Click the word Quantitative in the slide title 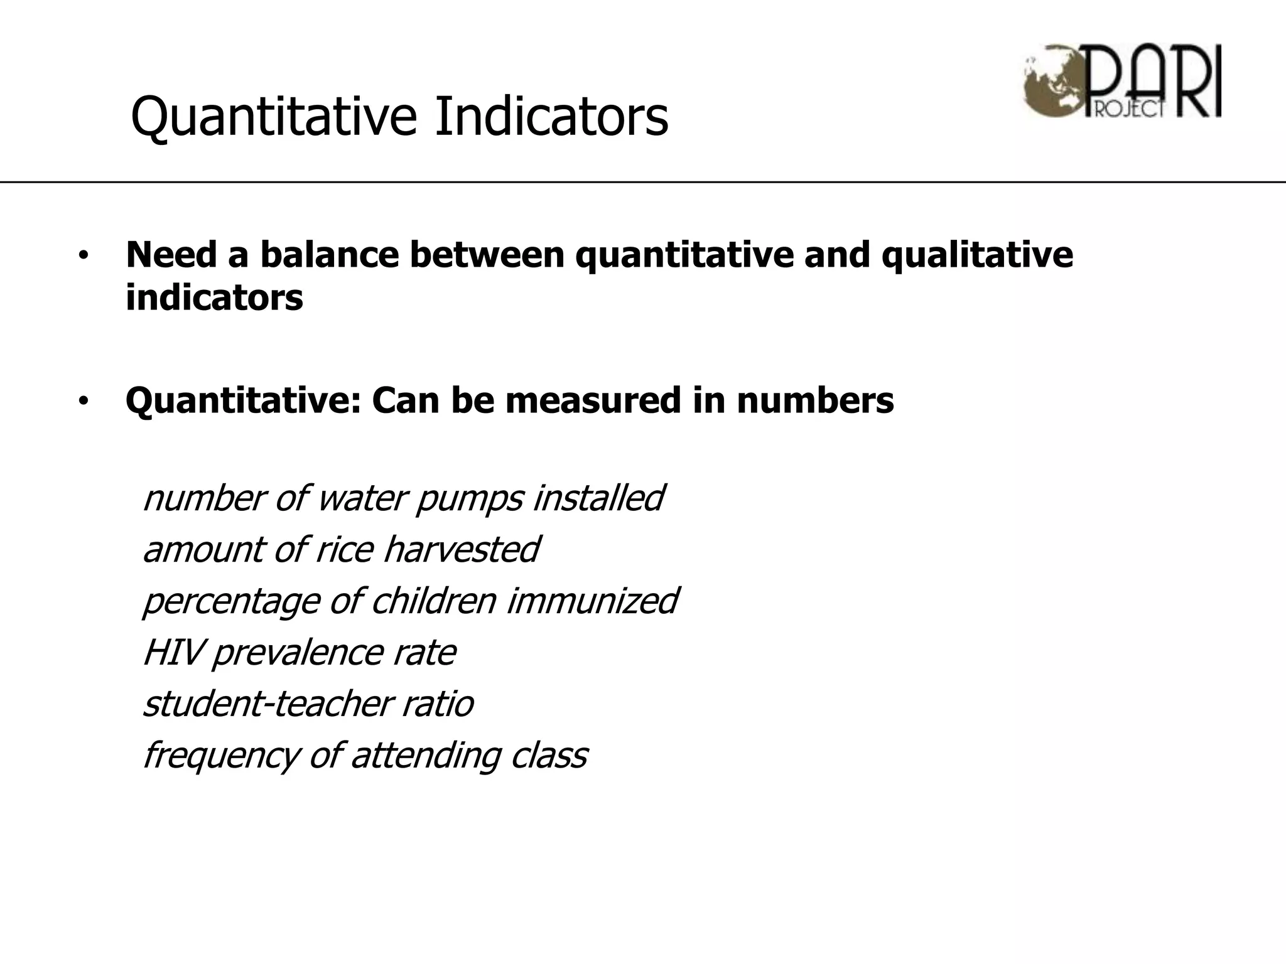(274, 117)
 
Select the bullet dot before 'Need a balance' (84, 257)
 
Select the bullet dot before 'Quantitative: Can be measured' (84, 402)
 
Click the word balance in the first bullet (330, 255)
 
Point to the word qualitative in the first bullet (977, 256)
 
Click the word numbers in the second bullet (815, 400)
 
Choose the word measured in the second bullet (593, 400)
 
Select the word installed (598, 498)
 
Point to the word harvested (461, 550)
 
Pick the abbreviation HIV (172, 653)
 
